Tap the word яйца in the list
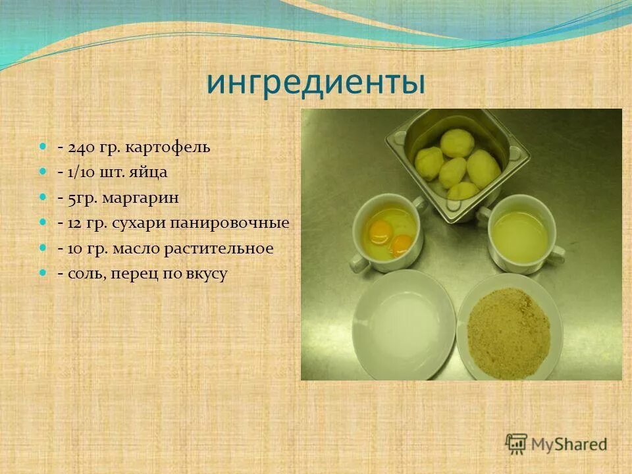(x=152, y=172)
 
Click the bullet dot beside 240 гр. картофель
(x=43, y=145)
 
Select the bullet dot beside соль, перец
(x=43, y=273)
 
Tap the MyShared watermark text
(x=569, y=444)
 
